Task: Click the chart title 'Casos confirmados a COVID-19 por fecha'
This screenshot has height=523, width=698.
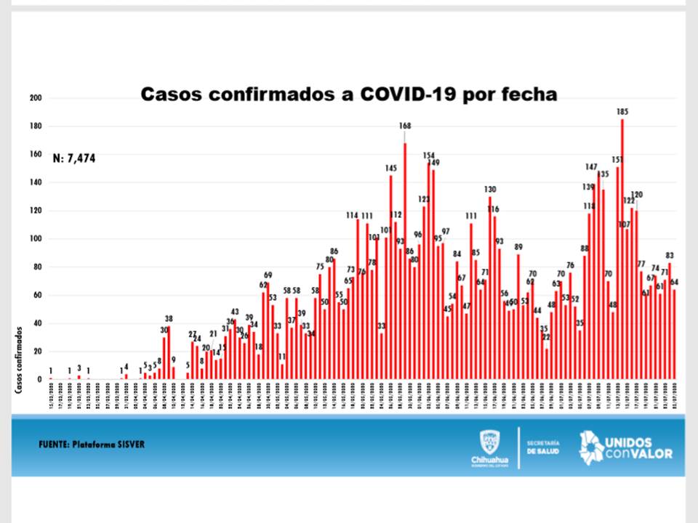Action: click(348, 94)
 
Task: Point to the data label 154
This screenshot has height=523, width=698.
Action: click(429, 155)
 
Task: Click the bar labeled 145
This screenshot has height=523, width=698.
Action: click(391, 276)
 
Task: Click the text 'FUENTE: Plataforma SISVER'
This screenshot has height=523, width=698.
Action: click(92, 444)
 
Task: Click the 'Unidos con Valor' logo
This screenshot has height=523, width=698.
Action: click(625, 447)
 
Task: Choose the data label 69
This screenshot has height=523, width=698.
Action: click(268, 275)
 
